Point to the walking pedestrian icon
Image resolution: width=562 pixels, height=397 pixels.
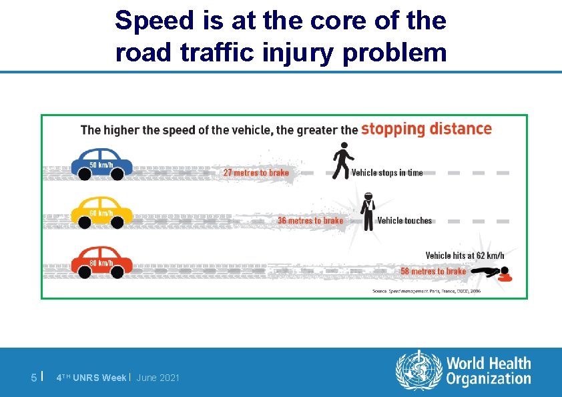[x=342, y=163]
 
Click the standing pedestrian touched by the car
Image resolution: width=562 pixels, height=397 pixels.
[x=367, y=211]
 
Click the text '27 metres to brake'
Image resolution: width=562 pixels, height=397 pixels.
[x=256, y=173]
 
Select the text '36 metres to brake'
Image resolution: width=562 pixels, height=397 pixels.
[x=310, y=221]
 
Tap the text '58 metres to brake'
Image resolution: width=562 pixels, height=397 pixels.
[x=433, y=272]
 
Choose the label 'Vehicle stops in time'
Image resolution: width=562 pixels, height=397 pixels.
[x=387, y=173]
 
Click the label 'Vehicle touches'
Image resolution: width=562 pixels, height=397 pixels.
[x=404, y=221]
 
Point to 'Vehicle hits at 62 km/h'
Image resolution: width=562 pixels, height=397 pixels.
[x=465, y=256]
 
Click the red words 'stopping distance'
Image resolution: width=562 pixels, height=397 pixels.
[x=427, y=129]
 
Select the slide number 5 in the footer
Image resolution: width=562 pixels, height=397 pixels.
[x=34, y=378]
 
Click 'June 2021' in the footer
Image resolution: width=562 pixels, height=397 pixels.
[x=158, y=378]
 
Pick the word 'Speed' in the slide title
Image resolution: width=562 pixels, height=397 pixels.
[x=155, y=21]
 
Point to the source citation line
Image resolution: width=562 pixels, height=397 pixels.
[x=426, y=291]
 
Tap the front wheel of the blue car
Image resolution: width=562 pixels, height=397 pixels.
[x=117, y=174]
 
